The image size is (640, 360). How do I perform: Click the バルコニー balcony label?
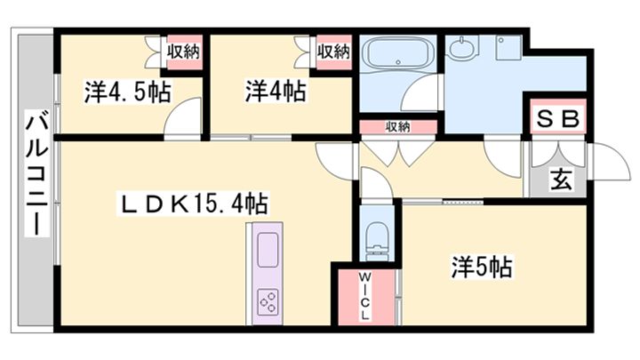pos(36,174)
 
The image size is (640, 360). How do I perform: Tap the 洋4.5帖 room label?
pos(128,91)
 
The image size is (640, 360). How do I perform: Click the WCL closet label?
pos(364,297)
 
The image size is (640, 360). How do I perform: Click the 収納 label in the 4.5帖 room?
pos(184,52)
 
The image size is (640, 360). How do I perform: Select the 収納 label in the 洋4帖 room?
pos(333,52)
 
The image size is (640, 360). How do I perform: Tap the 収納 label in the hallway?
pos(398,127)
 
